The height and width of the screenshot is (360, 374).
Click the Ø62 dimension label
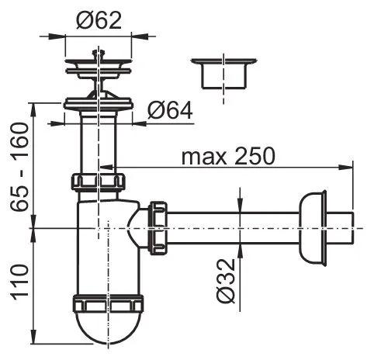[99, 21]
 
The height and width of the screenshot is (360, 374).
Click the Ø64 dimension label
[170, 110]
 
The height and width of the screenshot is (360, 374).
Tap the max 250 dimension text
[228, 156]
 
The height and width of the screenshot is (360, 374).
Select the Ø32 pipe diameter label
[226, 281]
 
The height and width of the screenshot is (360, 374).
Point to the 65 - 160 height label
[19, 168]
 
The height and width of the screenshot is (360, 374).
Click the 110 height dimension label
[19, 282]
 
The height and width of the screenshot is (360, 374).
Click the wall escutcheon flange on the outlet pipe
[313, 228]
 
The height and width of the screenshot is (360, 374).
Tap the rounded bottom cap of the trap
[108, 327]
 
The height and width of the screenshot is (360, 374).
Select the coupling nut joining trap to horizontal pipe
[158, 228]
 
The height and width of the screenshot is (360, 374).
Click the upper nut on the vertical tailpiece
[98, 182]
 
